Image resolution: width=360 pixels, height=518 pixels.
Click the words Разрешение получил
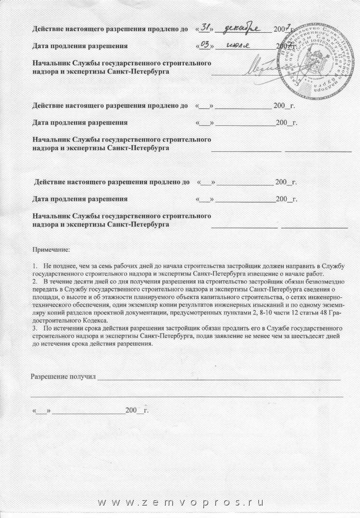[x=63, y=377]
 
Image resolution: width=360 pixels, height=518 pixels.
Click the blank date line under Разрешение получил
[x=89, y=411]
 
